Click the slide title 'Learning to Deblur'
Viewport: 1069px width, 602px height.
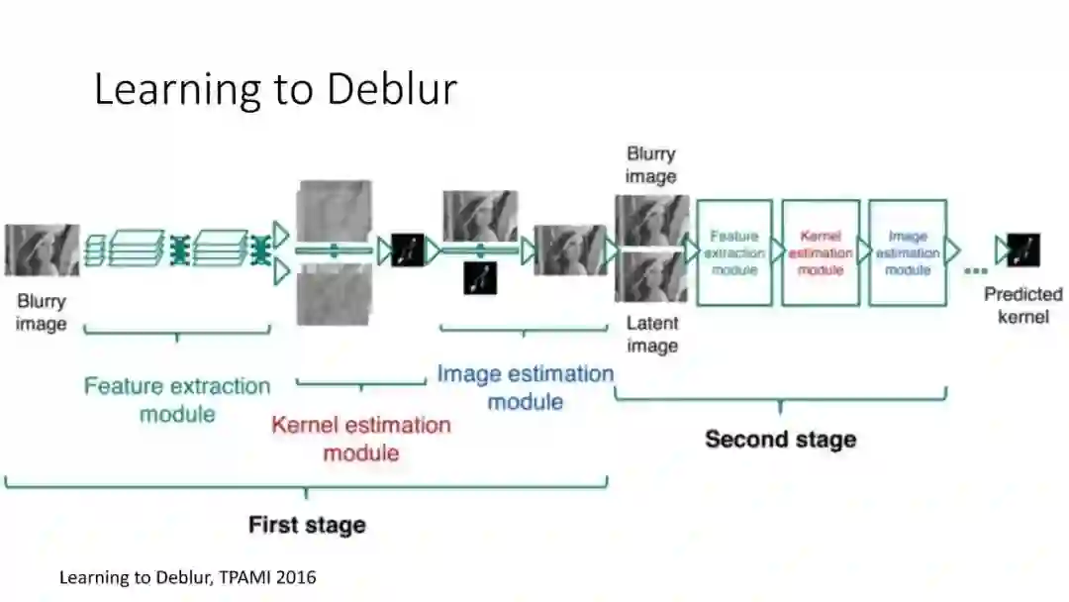[275, 89]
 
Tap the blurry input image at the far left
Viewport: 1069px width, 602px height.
[42, 250]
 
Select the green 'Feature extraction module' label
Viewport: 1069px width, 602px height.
[177, 399]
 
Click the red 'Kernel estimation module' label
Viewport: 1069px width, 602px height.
[361, 439]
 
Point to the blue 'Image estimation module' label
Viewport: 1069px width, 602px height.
[526, 387]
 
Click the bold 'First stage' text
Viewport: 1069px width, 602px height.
[307, 524]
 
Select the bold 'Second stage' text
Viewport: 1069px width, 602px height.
[780, 439]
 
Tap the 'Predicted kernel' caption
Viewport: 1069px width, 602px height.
[1022, 305]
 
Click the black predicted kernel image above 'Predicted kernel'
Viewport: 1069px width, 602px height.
[1023, 251]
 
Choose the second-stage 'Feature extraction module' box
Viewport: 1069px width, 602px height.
[734, 252]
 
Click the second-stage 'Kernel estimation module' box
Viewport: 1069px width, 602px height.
[821, 252]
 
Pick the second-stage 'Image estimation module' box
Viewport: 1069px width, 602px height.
[908, 252]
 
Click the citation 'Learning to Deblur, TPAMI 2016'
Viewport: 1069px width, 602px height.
[188, 576]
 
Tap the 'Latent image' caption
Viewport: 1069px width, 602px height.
[652, 334]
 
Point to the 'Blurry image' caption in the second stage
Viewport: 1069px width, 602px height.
[651, 164]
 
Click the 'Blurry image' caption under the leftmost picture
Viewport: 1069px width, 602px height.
[42, 312]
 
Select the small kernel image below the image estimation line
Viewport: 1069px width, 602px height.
[480, 278]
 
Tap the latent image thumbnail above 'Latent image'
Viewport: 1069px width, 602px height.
[651, 276]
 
